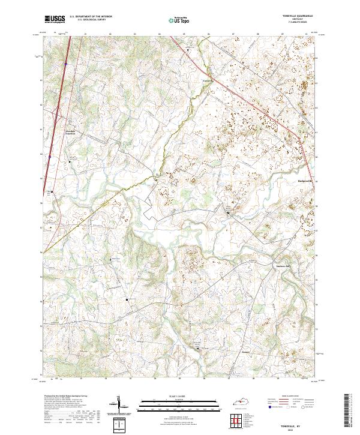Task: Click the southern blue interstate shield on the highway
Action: [50, 157]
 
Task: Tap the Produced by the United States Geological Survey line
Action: [65, 397]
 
